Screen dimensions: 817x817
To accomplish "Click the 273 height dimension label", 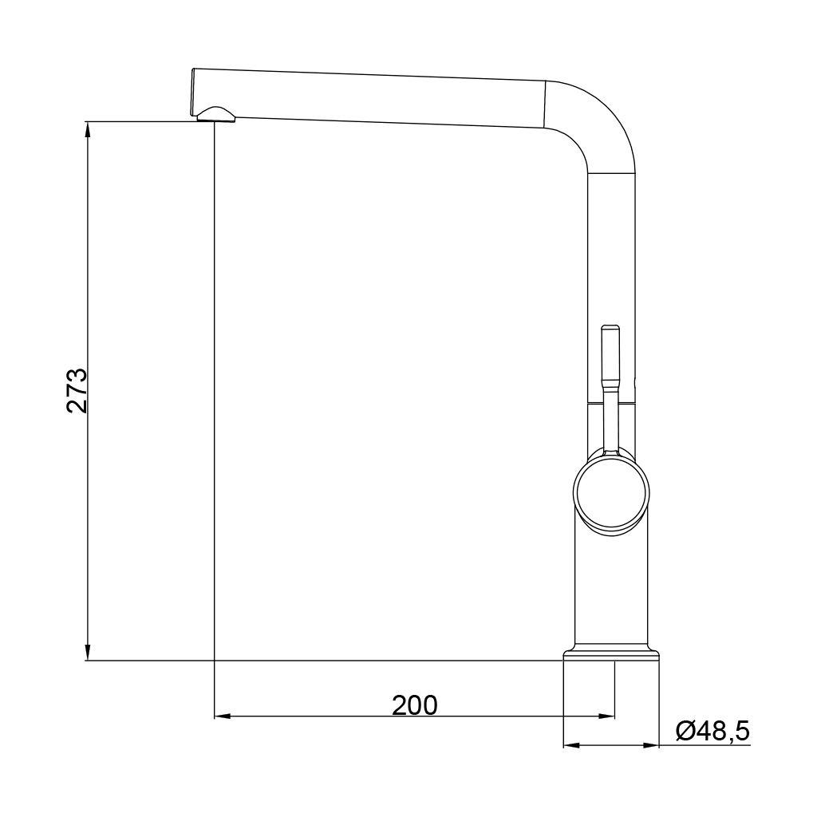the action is click(x=77, y=391).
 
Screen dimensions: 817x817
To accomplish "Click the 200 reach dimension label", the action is click(x=415, y=705).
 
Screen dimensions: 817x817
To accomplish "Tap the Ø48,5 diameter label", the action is click(x=712, y=731).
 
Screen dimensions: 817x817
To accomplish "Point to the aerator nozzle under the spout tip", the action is click(x=215, y=114).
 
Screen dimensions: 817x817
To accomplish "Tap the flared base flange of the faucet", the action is click(x=611, y=654).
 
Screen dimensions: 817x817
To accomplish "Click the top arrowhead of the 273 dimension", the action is click(x=88, y=129).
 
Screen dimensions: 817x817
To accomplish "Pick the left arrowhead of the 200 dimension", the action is click(x=223, y=716).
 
